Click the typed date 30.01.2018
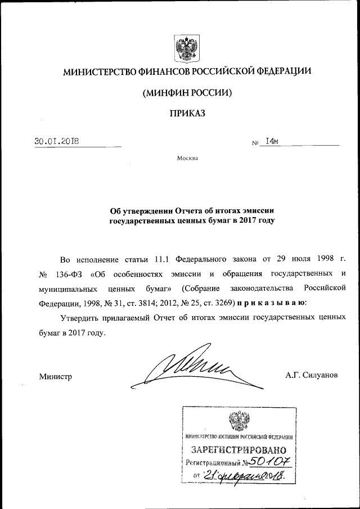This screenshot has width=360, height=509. (56, 141)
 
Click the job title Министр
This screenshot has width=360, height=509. (56, 376)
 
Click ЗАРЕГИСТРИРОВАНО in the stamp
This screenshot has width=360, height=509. (239, 450)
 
